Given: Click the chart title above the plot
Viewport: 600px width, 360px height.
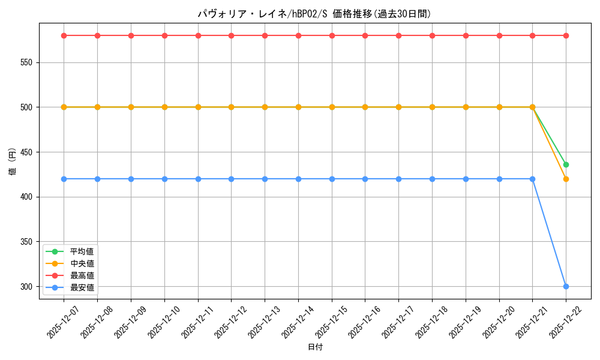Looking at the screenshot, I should coord(314,14).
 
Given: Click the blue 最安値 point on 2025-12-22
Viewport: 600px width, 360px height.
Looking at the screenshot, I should coord(566,286).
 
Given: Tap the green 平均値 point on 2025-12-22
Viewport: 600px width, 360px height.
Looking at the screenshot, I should coord(566,164).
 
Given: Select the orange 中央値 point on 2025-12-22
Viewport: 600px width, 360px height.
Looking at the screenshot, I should coord(566,179).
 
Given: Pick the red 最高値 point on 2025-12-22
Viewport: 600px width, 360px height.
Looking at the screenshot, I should coord(566,35).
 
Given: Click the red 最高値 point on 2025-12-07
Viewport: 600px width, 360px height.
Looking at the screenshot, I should coord(64,35).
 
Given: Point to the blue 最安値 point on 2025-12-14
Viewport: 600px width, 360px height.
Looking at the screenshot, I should coord(298,179).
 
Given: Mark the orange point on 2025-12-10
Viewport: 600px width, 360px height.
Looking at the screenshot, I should coord(164,107).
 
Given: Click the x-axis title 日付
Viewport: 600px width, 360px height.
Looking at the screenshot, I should coord(314,347).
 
